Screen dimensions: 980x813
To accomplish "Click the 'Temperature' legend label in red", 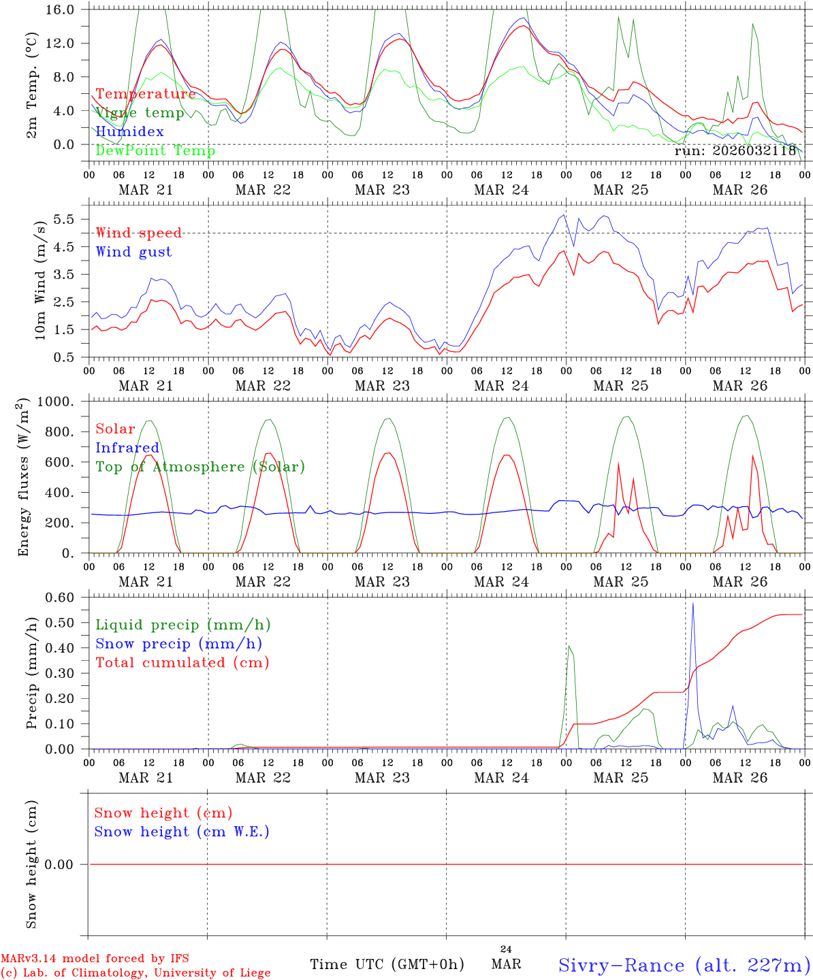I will coord(146,94).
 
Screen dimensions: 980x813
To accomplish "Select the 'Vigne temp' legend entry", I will coord(140,113).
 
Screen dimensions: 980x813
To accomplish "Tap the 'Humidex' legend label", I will coord(129,132).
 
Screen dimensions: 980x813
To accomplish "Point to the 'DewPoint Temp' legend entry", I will coord(155,151).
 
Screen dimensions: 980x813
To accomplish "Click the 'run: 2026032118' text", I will coord(735,151).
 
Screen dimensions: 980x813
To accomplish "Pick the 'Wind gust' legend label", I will coord(133,252).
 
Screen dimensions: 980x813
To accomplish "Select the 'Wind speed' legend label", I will coord(139,233).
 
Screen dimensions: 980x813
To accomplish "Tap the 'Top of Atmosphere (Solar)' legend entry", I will coord(200,467).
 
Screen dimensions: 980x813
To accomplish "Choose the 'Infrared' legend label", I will coord(127,448).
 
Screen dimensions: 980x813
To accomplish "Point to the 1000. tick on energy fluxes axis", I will coord(56,402).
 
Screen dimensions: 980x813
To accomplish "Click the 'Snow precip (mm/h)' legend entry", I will coord(178,644).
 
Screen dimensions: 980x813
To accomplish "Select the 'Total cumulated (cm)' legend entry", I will coord(182,663).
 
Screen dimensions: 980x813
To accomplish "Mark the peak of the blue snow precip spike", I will coord(692,603).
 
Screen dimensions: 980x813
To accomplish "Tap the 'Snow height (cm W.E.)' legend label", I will coord(182,832).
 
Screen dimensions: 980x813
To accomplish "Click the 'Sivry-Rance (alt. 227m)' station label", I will coord(684,965).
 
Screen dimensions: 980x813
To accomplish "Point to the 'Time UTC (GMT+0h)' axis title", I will coord(387,964).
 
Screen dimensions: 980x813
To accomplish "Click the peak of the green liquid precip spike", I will coord(569,646).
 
